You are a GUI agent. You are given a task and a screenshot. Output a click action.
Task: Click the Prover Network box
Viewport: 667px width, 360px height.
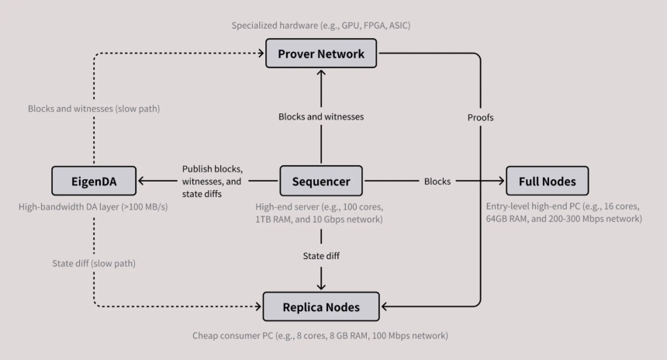320,54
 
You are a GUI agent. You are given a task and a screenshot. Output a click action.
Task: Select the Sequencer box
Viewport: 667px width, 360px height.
321,182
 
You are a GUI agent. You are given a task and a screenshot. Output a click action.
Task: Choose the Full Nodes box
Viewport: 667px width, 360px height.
547,182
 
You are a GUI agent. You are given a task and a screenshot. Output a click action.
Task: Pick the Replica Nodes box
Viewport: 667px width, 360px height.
321,306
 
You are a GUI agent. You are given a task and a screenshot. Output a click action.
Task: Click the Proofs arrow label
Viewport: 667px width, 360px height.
481,118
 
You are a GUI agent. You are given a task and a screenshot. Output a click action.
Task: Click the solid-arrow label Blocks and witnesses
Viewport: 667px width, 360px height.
321,117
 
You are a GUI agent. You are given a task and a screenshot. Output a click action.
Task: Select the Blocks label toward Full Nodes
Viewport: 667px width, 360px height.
437,182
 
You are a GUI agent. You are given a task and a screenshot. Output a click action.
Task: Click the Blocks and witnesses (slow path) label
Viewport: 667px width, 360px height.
94,109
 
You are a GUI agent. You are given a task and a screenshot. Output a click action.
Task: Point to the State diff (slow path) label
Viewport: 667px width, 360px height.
94,264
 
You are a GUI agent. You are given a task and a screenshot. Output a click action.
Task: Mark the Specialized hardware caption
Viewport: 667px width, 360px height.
320,26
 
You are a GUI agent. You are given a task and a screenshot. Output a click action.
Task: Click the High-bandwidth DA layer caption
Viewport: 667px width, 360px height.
94,207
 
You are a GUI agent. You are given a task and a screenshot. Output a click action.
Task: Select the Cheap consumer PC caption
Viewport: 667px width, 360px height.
320,336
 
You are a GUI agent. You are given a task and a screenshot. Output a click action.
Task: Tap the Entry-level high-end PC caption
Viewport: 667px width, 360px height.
564,213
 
